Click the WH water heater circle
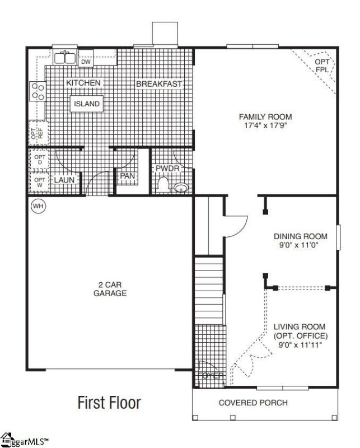[x=38, y=206]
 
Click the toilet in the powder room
[x=163, y=184]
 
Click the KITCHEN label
[x=83, y=83]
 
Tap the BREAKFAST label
[x=160, y=84]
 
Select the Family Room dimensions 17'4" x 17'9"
[x=265, y=126]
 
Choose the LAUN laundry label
[x=64, y=180]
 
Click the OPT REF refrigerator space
[x=36, y=133]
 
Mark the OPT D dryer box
[x=40, y=160]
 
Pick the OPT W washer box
[x=40, y=182]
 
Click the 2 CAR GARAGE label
[x=110, y=288]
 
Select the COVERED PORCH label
[x=253, y=402]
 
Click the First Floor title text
[x=109, y=402]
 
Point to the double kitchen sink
[x=66, y=57]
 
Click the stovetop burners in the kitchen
[x=38, y=91]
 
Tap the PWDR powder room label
[x=166, y=168]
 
